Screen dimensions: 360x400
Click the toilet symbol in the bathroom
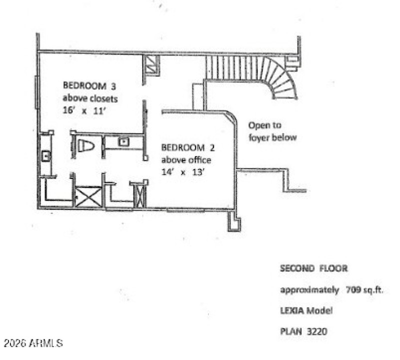(x=86, y=145)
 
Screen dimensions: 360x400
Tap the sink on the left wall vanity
(x=45, y=156)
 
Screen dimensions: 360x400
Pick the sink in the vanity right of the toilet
(x=122, y=142)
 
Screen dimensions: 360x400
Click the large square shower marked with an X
(x=88, y=196)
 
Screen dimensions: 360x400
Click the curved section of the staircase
(x=280, y=79)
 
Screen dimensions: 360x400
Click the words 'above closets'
(x=90, y=98)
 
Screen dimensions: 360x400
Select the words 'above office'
(x=185, y=160)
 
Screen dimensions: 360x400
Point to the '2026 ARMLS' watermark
(x=33, y=343)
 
